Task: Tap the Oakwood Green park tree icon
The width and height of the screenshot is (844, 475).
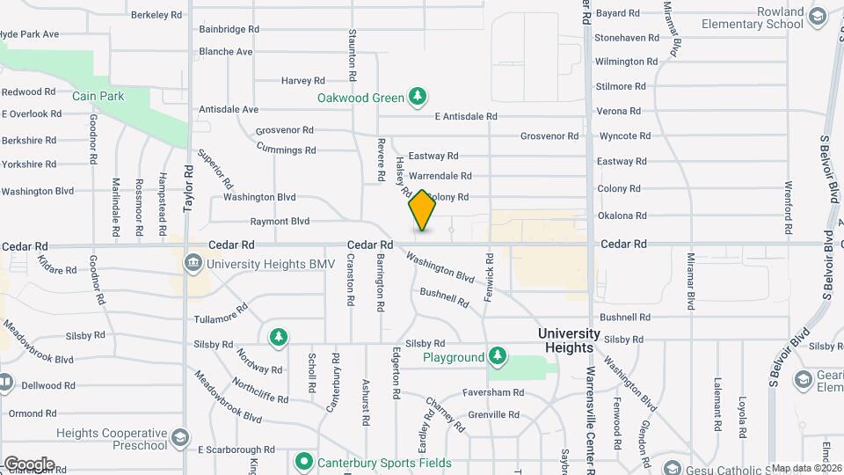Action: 419,97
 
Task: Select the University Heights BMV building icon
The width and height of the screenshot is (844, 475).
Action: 193,263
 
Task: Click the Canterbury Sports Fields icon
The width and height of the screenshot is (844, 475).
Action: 304,462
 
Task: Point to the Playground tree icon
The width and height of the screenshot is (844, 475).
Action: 498,356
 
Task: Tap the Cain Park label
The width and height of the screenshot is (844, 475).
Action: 98,96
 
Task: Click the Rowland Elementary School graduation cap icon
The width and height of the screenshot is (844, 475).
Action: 816,17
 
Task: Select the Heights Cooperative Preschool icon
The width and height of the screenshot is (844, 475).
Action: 179,438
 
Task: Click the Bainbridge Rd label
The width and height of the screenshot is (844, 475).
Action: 229,29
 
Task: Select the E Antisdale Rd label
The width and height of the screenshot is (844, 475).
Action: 466,116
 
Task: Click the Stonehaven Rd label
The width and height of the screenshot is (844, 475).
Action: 627,38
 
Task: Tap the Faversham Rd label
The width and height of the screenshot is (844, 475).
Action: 495,393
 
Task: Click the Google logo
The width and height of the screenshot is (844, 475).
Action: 29,464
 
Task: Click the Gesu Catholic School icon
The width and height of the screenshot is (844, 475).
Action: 672,468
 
